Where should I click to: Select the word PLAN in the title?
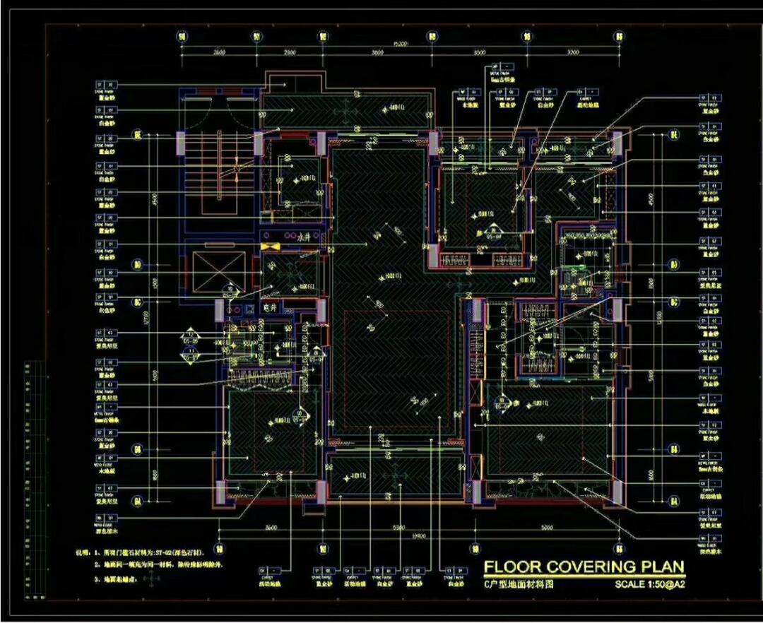coord(662,566)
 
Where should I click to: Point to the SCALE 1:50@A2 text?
coord(649,584)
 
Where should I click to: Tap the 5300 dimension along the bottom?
coord(398,528)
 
